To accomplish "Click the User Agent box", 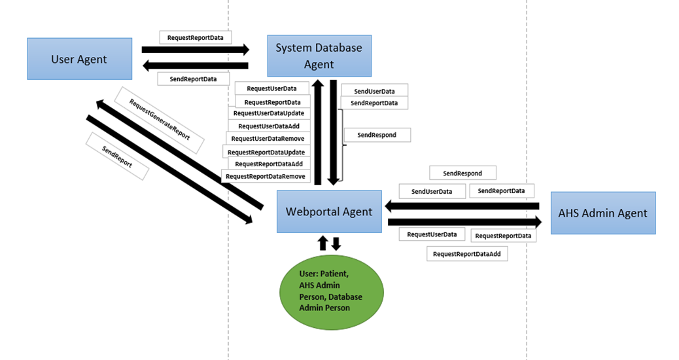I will tap(79, 59).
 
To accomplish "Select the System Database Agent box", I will tap(319, 56).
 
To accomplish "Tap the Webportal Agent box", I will tap(329, 211).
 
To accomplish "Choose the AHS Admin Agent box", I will tap(602, 213).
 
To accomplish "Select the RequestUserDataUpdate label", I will tap(268, 113).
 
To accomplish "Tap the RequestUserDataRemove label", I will tap(268, 139).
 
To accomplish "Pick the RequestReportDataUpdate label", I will tap(266, 152).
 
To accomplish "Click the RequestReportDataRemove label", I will tap(266, 177).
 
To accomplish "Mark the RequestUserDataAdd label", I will tap(269, 126).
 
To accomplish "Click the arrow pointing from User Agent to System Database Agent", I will tap(196, 49).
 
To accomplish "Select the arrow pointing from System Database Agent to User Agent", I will tap(196, 65).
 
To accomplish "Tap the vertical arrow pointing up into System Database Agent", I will tap(318, 131).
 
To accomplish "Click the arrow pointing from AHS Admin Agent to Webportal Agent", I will tap(462, 207).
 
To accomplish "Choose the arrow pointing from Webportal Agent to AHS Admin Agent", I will tap(461, 223).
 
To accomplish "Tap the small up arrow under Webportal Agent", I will tap(322, 243).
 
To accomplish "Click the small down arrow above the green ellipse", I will tap(336, 244).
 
